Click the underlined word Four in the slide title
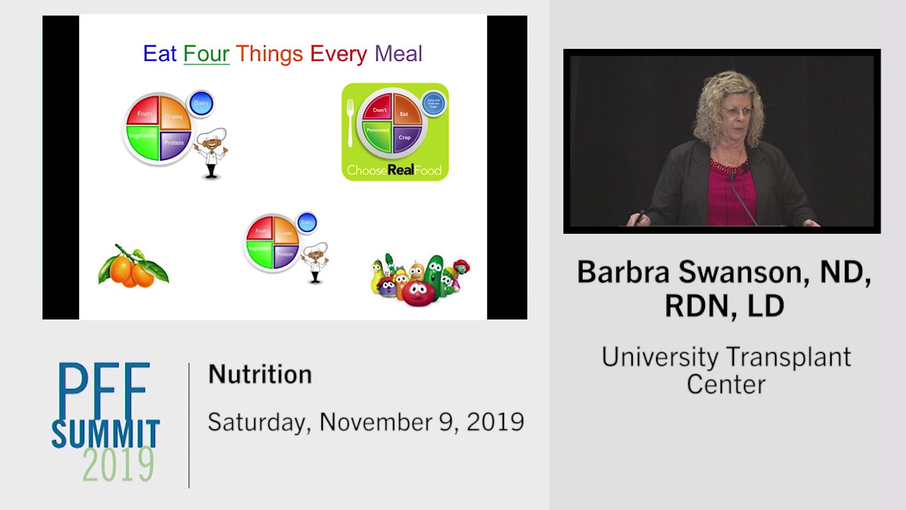tap(206, 54)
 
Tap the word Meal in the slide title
tap(398, 54)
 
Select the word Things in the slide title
tap(269, 54)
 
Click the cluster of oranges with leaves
tap(132, 267)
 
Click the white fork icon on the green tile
tap(350, 121)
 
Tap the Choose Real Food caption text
tap(394, 170)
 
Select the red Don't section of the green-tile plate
tap(379, 110)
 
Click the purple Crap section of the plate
tap(405, 137)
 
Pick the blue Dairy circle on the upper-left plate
tap(201, 103)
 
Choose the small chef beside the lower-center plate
tap(314, 263)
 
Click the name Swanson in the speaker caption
tap(742, 272)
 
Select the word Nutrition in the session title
tap(260, 374)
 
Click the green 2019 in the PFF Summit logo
tap(118, 465)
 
